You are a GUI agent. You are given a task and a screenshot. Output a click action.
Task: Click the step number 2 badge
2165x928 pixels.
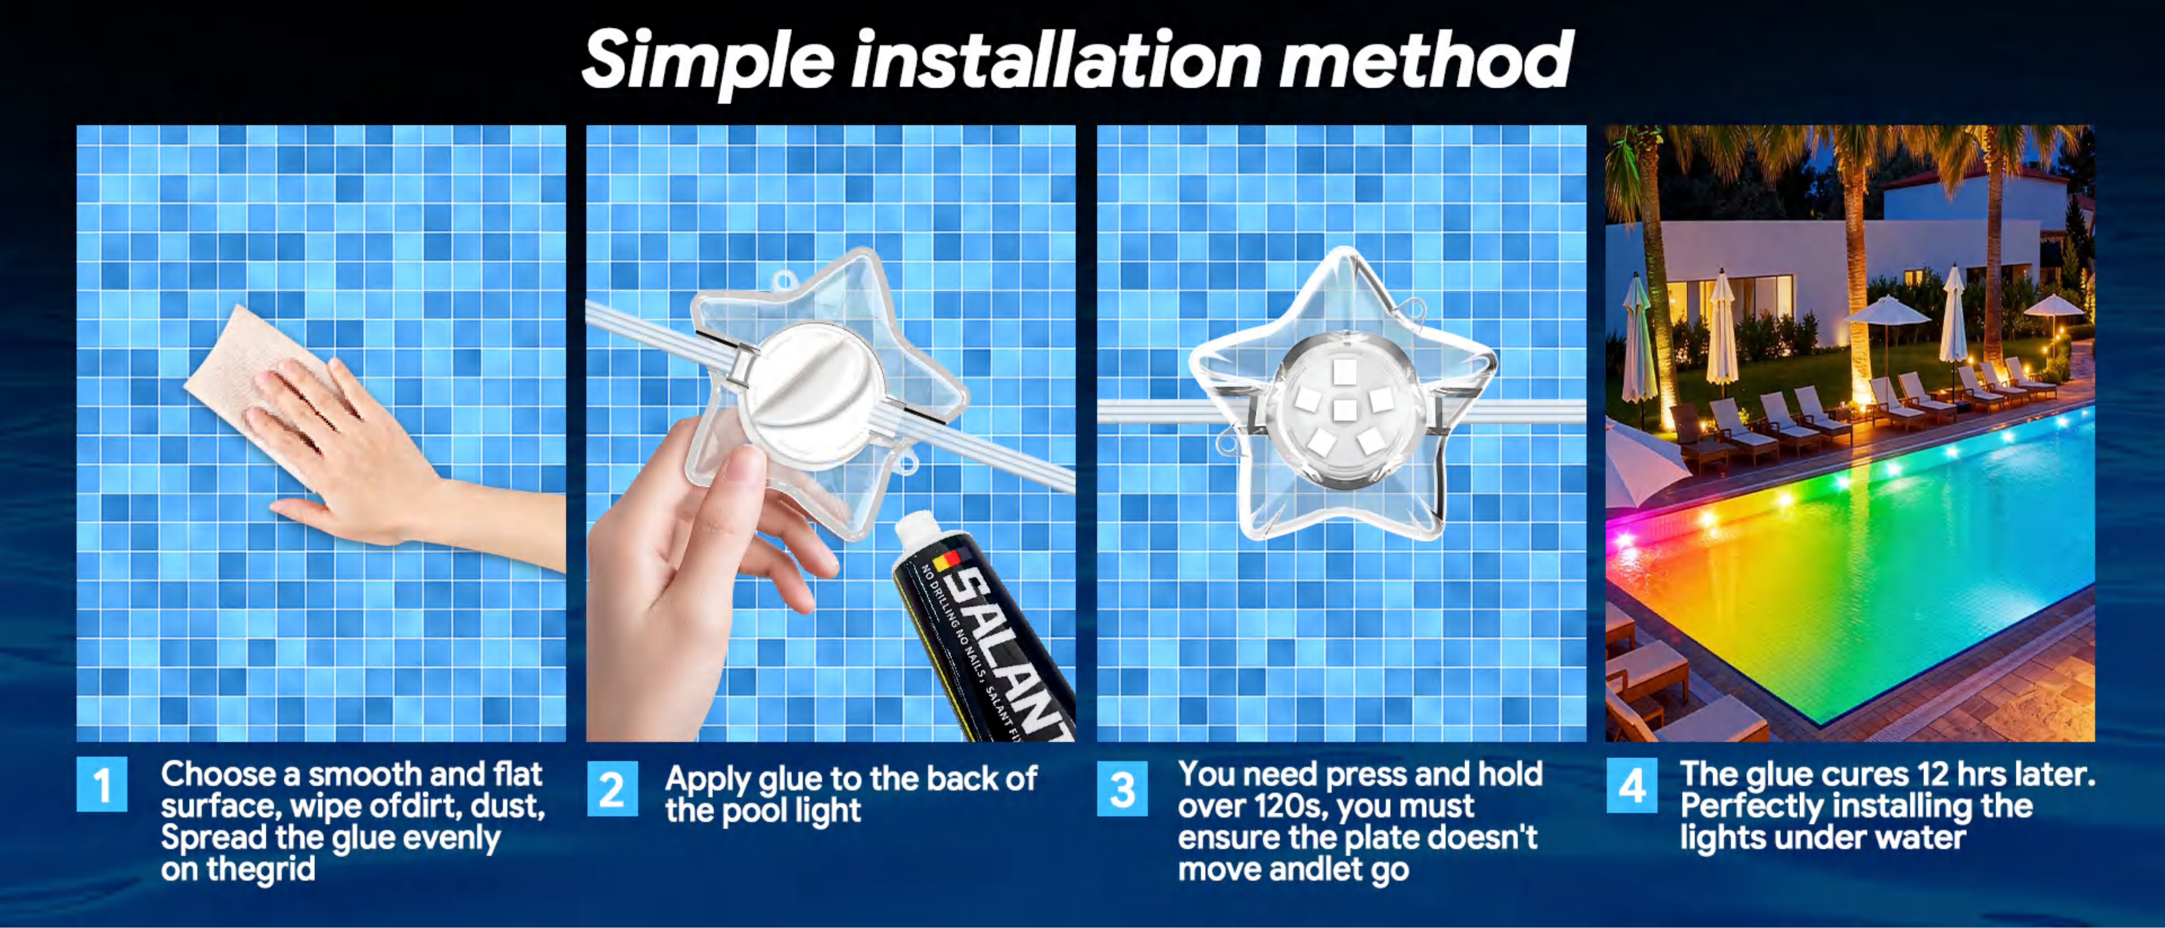click(x=612, y=788)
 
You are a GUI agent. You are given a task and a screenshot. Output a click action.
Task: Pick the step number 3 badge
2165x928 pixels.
click(x=1122, y=788)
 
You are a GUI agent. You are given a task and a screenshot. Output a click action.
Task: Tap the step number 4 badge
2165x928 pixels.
click(x=1631, y=785)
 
